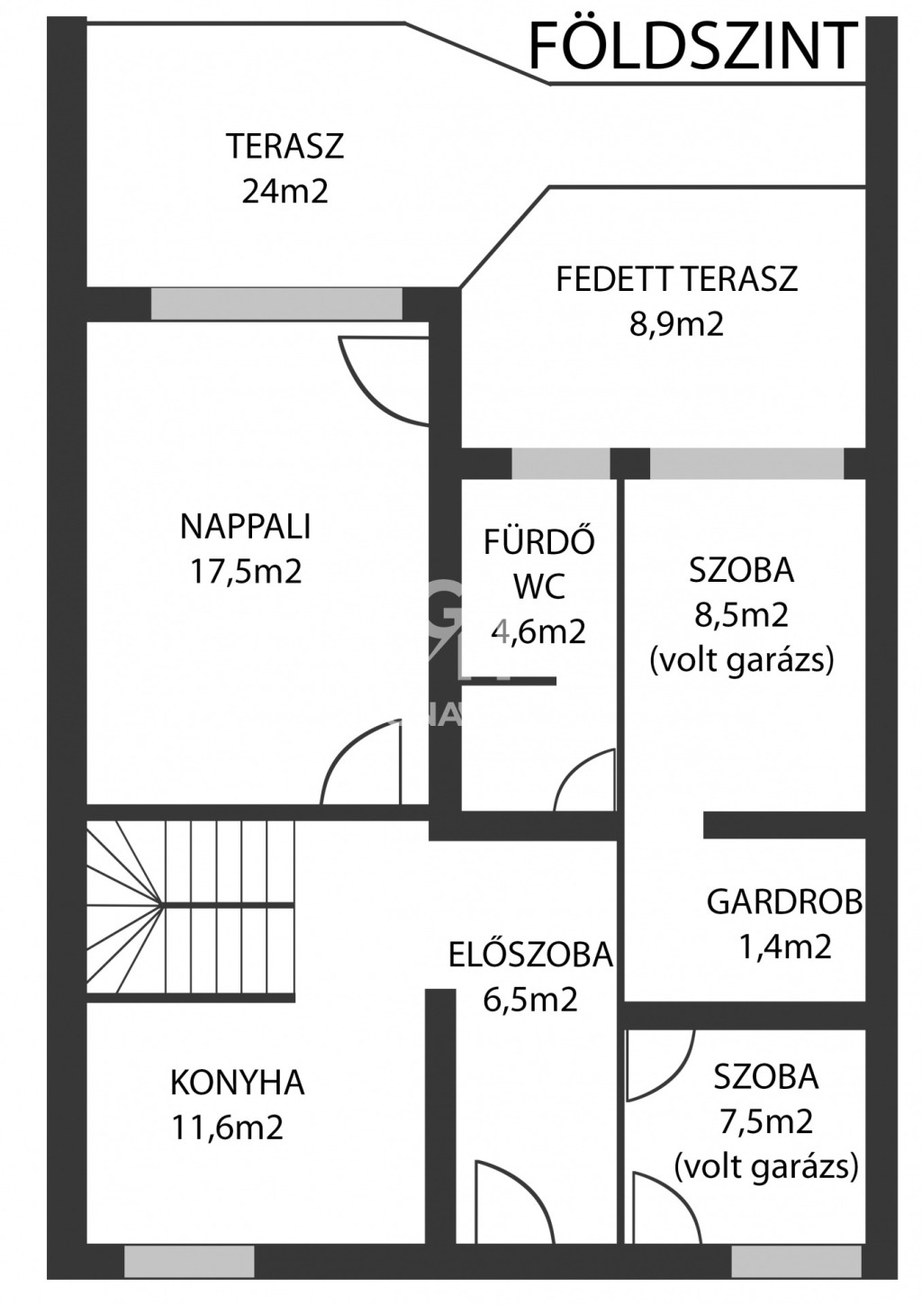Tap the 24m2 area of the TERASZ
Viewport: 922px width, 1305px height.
coord(285,191)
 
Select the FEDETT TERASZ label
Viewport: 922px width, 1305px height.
coord(676,278)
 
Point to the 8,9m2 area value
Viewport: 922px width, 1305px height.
coord(675,323)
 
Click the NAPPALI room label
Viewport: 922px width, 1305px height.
coord(245,527)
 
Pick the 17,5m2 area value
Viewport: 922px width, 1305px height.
coord(246,572)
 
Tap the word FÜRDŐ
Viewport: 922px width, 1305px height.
coord(538,540)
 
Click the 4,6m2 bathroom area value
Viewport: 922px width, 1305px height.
coord(538,631)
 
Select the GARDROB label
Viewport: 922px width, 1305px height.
coord(784,902)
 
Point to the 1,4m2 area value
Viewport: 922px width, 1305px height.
coord(784,947)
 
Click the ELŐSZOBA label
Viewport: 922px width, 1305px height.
coord(530,955)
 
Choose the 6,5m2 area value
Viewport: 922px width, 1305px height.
coord(530,1000)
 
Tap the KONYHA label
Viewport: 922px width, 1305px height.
coord(238,1083)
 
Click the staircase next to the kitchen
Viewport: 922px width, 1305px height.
coord(191,909)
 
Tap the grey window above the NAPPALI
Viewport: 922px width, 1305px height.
coord(276,304)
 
